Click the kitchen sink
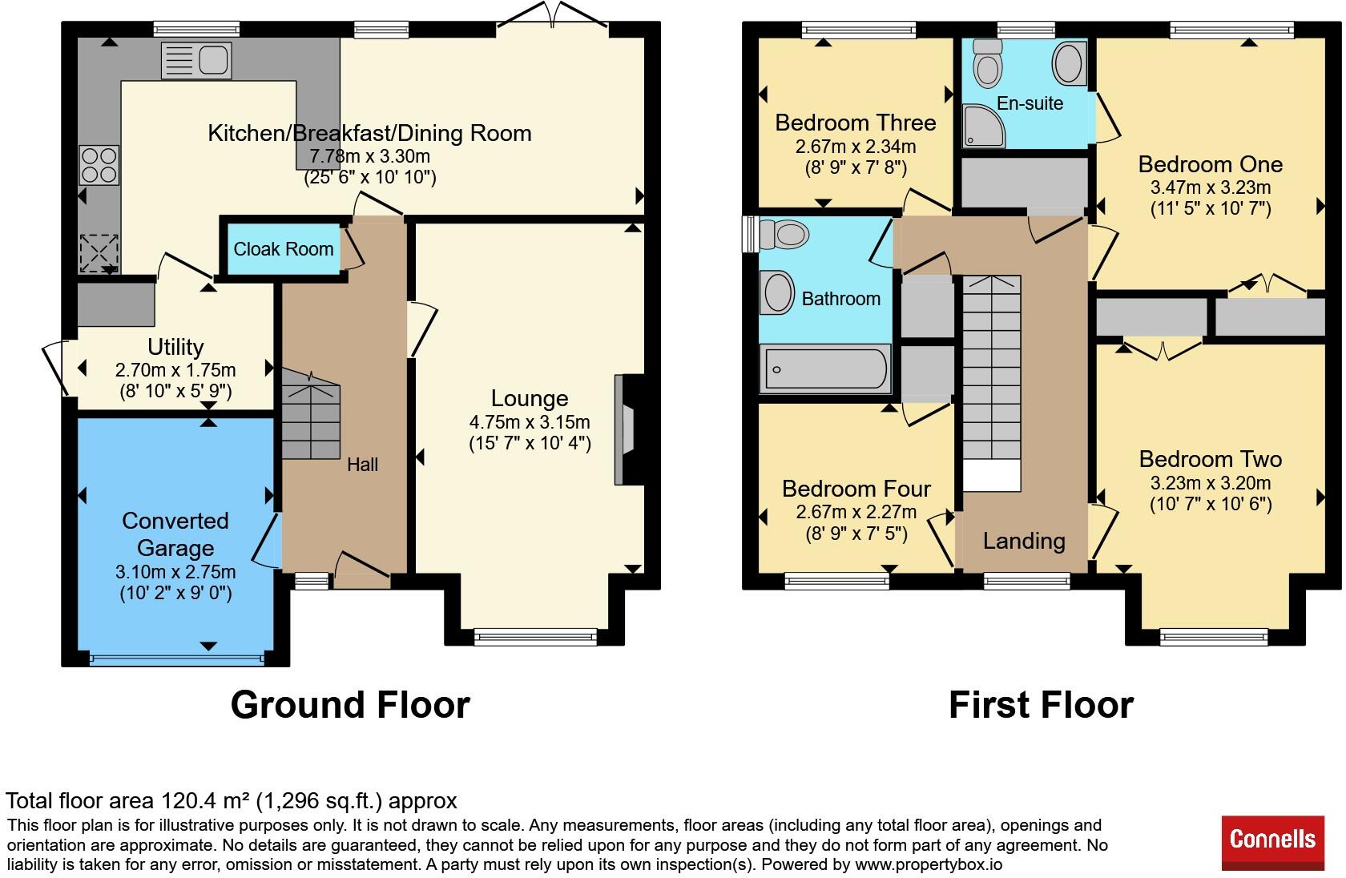click(196, 61)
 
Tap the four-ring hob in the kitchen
click(99, 165)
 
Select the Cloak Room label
click(283, 249)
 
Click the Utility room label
click(175, 347)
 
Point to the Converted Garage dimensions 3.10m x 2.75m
click(175, 571)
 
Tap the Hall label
click(362, 465)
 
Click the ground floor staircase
click(311, 414)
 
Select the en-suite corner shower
click(983, 126)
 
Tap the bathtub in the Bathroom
click(825, 369)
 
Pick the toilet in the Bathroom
click(783, 234)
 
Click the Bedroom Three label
click(855, 123)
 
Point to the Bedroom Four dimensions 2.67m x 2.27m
click(856, 512)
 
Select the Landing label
click(1024, 541)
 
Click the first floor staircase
click(992, 384)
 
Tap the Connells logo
click(1272, 842)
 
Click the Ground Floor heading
click(350, 704)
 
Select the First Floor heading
click(1042, 704)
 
